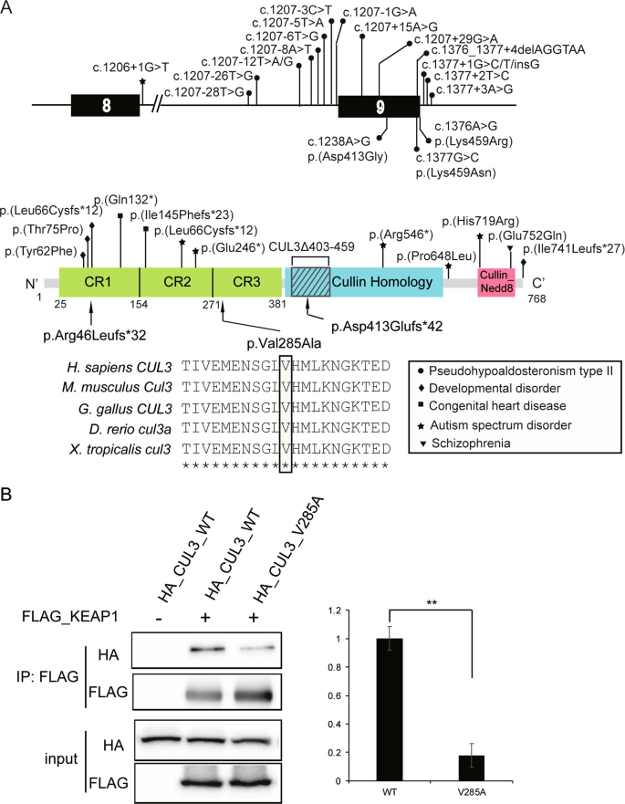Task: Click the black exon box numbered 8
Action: click(107, 105)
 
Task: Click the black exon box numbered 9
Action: click(378, 106)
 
